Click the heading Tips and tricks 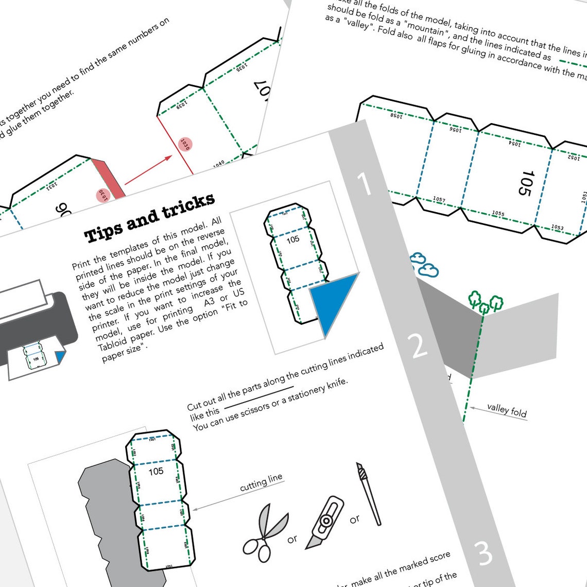[x=149, y=218]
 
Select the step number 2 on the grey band [x=419, y=346]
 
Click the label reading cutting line [x=261, y=482]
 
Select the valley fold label [x=507, y=410]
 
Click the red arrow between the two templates [x=148, y=169]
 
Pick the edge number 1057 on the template [x=439, y=199]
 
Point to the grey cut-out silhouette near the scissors [x=103, y=515]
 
